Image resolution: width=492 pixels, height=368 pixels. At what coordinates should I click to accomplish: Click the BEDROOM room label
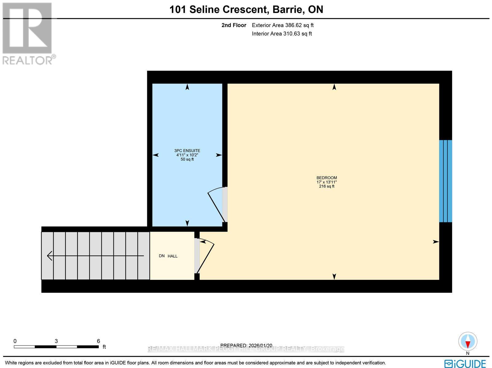tap(327, 178)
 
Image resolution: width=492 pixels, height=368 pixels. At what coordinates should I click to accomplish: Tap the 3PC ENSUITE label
tap(187, 151)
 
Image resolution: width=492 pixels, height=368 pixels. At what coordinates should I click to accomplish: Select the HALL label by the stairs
tap(173, 256)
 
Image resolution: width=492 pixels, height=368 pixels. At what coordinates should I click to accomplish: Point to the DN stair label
tap(162, 256)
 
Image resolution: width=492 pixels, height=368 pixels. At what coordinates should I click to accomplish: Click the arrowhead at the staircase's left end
tap(49, 256)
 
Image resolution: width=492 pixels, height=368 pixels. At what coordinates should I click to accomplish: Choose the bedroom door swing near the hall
tap(205, 255)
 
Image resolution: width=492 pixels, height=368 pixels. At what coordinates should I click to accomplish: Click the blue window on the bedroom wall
tap(445, 181)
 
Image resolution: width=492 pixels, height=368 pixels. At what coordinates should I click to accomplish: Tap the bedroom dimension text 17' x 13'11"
tap(327, 182)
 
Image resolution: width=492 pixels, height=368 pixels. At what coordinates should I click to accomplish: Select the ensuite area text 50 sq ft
tap(187, 159)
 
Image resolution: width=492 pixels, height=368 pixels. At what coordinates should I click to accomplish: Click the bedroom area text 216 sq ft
tap(327, 186)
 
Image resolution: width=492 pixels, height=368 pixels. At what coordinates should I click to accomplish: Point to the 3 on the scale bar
tap(56, 341)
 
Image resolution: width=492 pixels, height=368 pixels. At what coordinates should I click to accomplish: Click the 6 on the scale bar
tap(98, 341)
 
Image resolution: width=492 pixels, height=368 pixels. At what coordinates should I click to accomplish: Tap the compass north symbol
tap(467, 342)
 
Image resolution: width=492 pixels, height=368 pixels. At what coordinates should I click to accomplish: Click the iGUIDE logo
tap(465, 363)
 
